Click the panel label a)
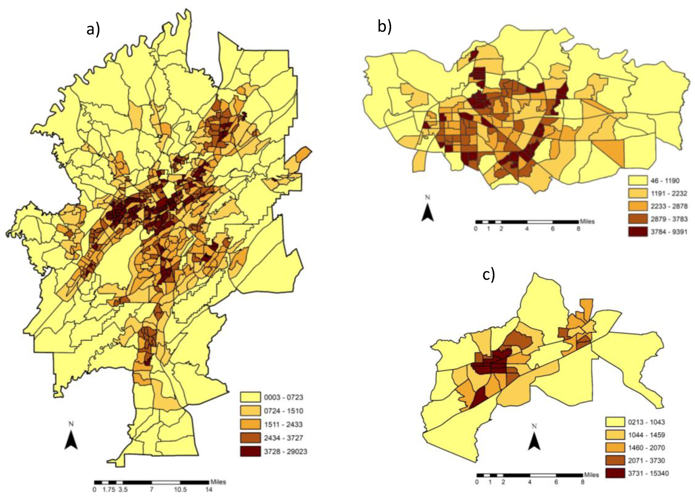93,30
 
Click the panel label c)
489,274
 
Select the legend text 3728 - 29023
285,451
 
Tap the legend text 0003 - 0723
283,397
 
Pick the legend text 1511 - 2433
283,425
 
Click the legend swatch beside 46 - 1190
638,180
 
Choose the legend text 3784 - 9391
669,232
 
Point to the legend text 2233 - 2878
669,206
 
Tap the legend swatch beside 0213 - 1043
615,422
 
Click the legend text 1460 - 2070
646,448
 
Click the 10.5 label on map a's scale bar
180,489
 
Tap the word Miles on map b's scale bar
587,221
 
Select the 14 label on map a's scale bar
209,489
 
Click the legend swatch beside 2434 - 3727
250,438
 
